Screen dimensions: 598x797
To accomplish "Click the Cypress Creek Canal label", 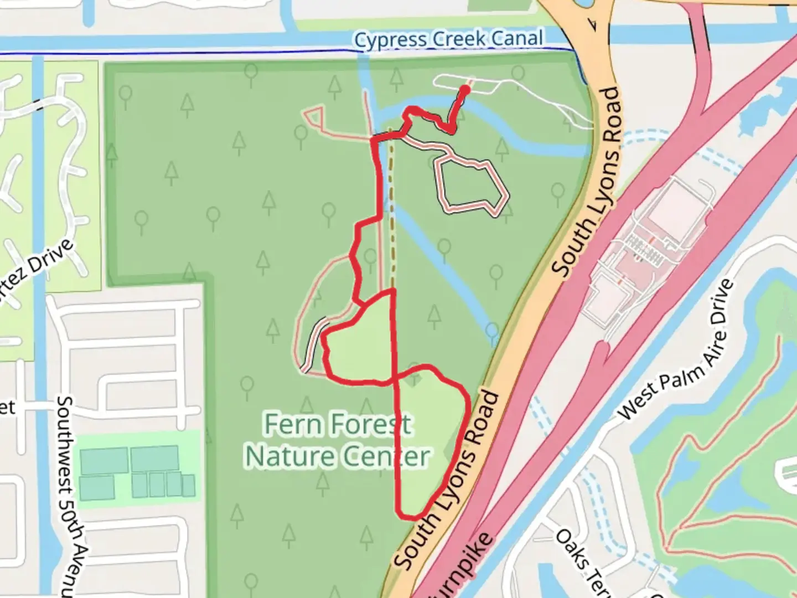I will coord(448,39).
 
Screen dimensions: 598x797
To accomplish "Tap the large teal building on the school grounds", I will coord(154,458).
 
